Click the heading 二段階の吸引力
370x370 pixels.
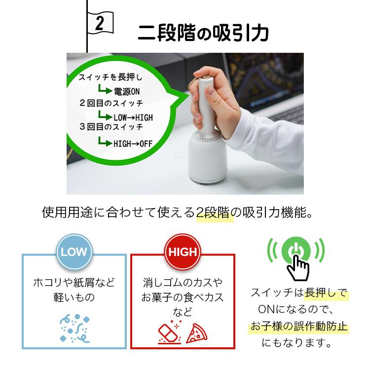pos(203,33)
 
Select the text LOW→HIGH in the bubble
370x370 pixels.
pos(133,117)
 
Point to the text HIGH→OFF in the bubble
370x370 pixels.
pos(133,144)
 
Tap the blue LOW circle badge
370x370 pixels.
pos(74,252)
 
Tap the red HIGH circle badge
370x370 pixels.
pos(183,252)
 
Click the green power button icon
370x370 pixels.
pos(296,250)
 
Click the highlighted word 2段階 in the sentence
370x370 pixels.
pos(215,214)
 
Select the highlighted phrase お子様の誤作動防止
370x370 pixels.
pos(298,326)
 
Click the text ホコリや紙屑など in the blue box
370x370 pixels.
pos(74,282)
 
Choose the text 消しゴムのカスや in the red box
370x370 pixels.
pos(183,282)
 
